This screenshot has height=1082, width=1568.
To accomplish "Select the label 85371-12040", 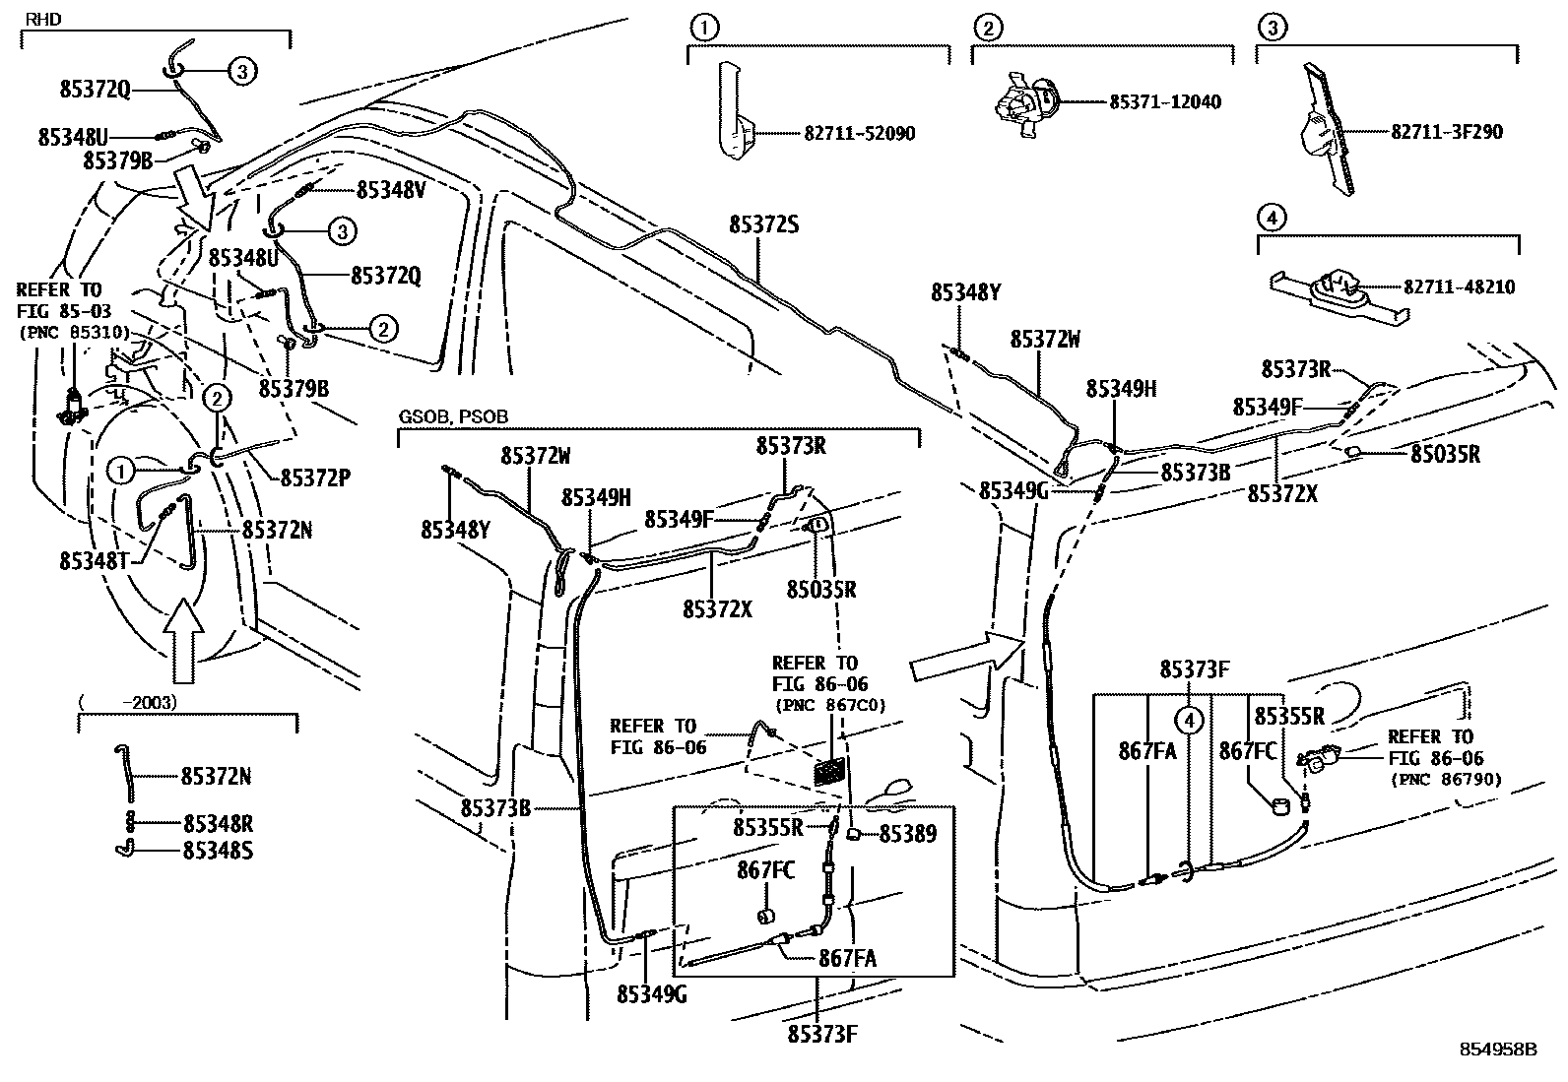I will (x=1165, y=101).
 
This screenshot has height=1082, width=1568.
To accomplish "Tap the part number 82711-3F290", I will (x=1447, y=131).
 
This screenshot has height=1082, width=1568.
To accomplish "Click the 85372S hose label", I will (x=763, y=224).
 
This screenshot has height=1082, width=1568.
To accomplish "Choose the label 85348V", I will (x=391, y=190).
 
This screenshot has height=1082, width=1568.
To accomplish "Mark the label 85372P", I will (x=316, y=477).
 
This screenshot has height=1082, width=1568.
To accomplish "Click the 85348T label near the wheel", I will (x=95, y=560).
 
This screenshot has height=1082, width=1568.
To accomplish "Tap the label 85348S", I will (x=218, y=849).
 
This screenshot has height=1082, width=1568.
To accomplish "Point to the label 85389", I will (x=907, y=834).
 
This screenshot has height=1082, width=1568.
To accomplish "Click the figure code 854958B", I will (x=1498, y=1050).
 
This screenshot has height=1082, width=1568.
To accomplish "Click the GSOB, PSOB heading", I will (x=453, y=416).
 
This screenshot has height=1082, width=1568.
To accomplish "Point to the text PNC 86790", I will (x=1447, y=780).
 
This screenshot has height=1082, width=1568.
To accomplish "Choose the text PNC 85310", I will (x=74, y=332).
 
